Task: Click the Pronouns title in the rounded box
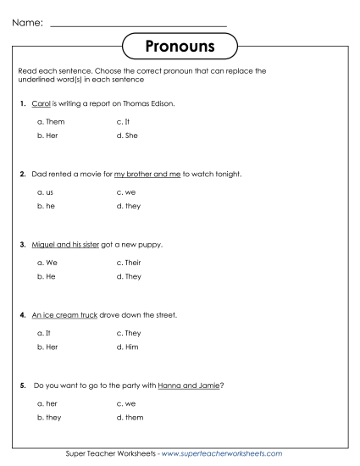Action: point(180,44)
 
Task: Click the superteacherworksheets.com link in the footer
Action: point(229,453)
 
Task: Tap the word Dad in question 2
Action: point(39,174)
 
